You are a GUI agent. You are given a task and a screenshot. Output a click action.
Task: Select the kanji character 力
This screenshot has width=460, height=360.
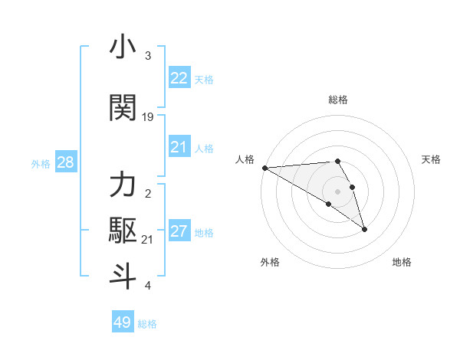click(x=123, y=185)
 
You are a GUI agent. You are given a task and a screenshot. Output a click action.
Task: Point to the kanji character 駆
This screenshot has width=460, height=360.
click(x=123, y=230)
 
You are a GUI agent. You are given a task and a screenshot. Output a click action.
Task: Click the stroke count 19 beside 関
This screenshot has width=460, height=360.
click(x=148, y=116)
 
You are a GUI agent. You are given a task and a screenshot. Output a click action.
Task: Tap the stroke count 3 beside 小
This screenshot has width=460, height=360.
click(x=148, y=56)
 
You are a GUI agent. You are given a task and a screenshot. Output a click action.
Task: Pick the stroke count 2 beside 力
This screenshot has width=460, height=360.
click(x=148, y=194)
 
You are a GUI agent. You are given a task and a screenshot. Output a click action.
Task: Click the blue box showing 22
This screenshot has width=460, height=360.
click(x=179, y=78)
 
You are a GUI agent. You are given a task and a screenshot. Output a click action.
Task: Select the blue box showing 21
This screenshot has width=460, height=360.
click(x=179, y=147)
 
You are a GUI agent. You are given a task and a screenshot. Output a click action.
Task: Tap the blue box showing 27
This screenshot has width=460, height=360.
click(x=179, y=231)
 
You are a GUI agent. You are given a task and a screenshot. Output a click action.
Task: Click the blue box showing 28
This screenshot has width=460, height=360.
click(x=65, y=162)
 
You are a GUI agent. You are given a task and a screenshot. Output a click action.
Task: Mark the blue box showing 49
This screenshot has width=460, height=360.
click(x=123, y=322)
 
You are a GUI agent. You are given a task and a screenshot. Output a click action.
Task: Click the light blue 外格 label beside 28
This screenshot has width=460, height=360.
click(x=41, y=163)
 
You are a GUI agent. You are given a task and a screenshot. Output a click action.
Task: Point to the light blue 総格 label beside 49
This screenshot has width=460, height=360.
click(x=147, y=324)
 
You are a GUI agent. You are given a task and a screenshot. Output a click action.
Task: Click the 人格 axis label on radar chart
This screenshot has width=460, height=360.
click(x=245, y=159)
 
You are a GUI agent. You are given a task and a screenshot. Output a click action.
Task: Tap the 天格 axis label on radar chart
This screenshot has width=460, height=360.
click(x=431, y=159)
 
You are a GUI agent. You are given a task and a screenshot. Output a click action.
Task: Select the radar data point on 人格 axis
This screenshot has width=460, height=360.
click(x=264, y=168)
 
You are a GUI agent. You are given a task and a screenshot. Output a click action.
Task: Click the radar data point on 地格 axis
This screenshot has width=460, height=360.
click(x=364, y=229)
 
